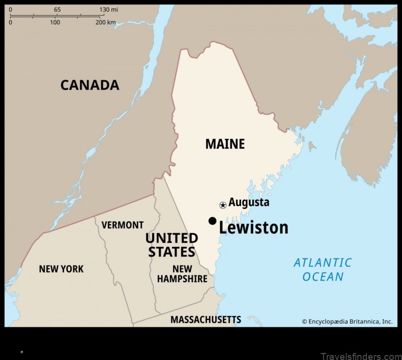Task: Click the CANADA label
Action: point(90,85)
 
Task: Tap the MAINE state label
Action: point(225,144)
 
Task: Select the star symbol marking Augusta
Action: point(223,205)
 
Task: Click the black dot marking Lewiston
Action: point(213,221)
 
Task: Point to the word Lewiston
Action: point(253,228)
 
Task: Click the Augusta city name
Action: point(249,203)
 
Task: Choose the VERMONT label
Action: point(123,225)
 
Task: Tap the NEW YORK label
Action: point(61,269)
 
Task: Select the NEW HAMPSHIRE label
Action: point(182,274)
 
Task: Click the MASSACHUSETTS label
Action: point(206,319)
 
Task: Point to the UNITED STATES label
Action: point(171,244)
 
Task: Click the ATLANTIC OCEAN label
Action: point(323,269)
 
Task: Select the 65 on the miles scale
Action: point(57,10)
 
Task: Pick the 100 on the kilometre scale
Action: point(55,23)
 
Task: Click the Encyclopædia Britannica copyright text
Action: point(347,321)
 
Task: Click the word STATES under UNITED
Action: point(171,251)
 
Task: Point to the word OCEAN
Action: point(323,277)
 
